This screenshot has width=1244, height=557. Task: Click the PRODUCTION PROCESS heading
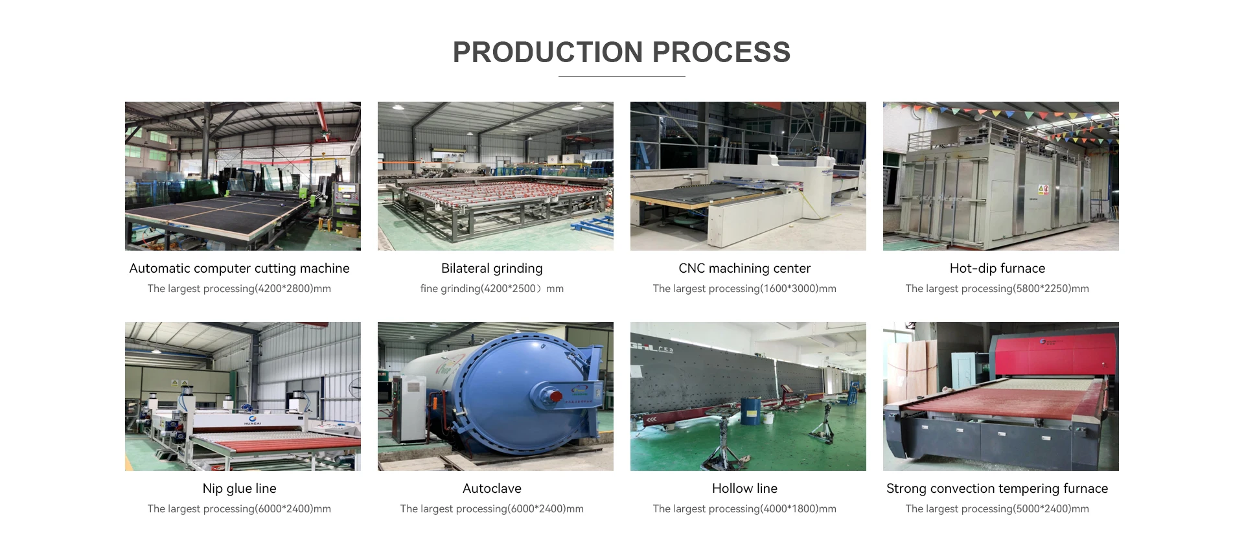pos(621,52)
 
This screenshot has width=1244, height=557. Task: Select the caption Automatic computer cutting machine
pos(239,268)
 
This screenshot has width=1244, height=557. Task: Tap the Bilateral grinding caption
pos(492,268)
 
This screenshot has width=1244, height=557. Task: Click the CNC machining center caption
pos(744,268)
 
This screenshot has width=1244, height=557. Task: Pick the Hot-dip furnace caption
pos(997,268)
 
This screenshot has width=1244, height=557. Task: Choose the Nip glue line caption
pos(239,488)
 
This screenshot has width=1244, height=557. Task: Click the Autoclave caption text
pos(492,488)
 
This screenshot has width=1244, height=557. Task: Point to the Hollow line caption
pos(744,488)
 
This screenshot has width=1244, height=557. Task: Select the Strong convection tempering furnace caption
pos(997,488)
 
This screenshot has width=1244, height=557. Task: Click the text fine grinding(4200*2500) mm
pos(492,288)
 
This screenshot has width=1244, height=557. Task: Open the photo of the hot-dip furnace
pos(1000,176)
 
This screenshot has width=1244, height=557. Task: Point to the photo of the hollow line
pos(748,396)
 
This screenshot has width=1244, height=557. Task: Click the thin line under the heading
pos(621,76)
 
